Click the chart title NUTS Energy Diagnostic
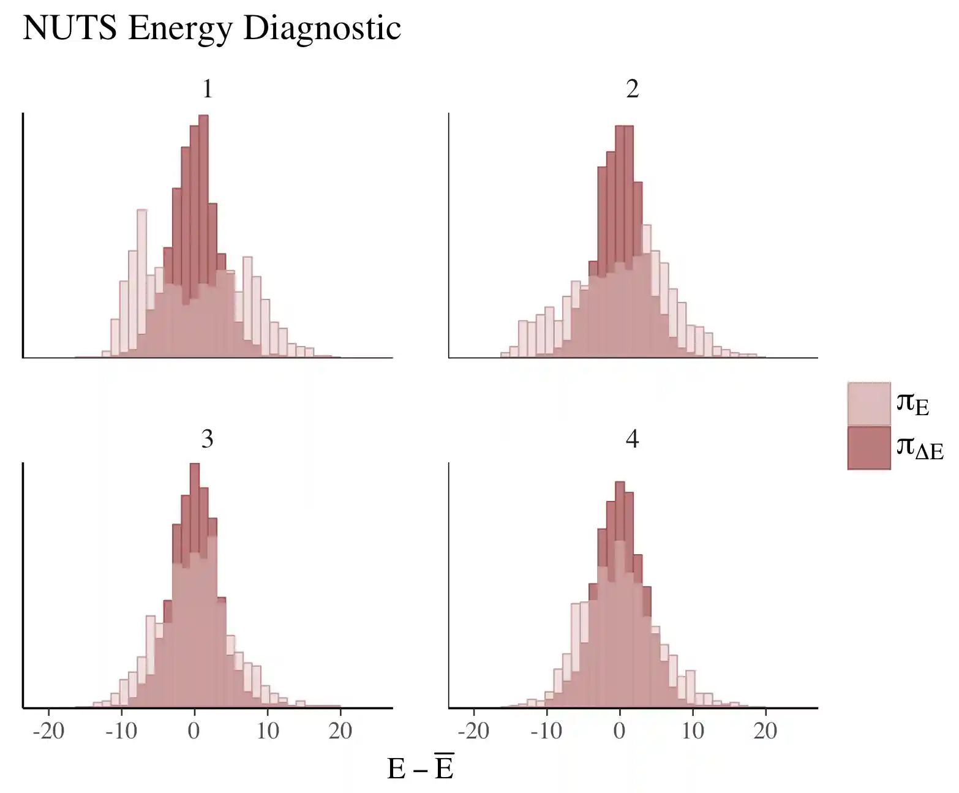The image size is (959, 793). click(x=212, y=28)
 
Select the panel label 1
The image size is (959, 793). click(x=208, y=89)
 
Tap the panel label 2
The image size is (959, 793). click(x=633, y=89)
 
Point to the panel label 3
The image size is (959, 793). click(x=208, y=439)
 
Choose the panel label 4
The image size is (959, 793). click(x=633, y=439)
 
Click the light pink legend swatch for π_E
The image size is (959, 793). click(x=868, y=404)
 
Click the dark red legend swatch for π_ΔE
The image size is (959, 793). click(x=868, y=448)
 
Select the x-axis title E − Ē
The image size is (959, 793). click(x=420, y=768)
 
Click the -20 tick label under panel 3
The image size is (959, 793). click(x=48, y=731)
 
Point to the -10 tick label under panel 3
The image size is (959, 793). click(x=121, y=731)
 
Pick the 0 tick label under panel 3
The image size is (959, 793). click(x=194, y=731)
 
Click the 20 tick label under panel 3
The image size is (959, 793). click(x=340, y=731)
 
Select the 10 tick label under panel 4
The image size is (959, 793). click(x=693, y=731)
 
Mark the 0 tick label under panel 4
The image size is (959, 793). click(x=620, y=731)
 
